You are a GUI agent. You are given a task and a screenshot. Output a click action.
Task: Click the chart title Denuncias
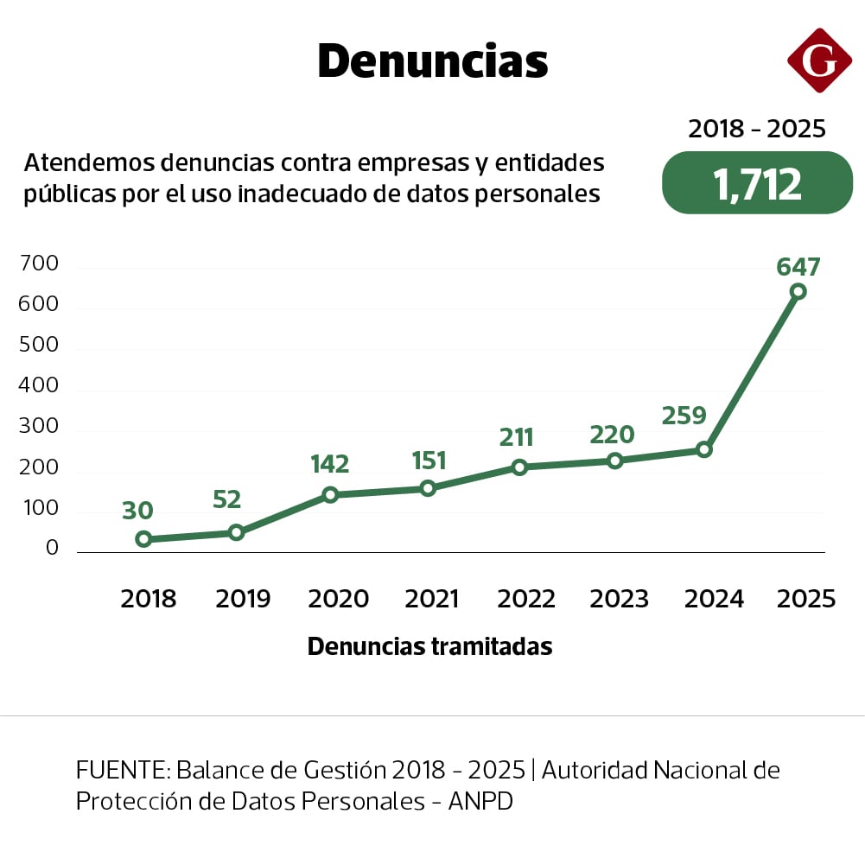point(432,61)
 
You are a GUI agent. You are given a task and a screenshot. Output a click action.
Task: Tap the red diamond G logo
point(819,60)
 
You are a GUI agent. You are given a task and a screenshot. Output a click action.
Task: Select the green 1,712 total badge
point(757,183)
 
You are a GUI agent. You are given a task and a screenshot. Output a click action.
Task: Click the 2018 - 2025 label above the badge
point(757,130)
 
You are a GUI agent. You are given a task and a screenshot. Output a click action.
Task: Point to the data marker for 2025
point(798,292)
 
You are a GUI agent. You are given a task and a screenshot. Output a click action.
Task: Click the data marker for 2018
point(144,539)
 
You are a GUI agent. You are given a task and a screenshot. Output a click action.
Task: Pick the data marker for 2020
point(330,495)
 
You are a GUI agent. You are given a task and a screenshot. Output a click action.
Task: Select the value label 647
point(798,267)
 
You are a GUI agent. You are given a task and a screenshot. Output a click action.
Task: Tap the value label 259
point(684,416)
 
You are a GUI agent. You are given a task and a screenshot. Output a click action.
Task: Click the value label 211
point(517,437)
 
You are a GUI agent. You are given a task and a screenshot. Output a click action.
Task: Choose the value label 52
point(226,499)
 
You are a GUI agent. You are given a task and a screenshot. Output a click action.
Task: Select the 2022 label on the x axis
point(526,599)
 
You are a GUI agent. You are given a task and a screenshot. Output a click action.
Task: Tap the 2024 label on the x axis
point(714,599)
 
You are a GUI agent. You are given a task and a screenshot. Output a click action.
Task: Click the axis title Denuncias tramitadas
point(429,646)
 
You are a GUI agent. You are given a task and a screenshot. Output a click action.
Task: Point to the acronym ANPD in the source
point(480,801)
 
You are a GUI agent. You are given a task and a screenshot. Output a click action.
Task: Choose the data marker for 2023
point(614,461)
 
